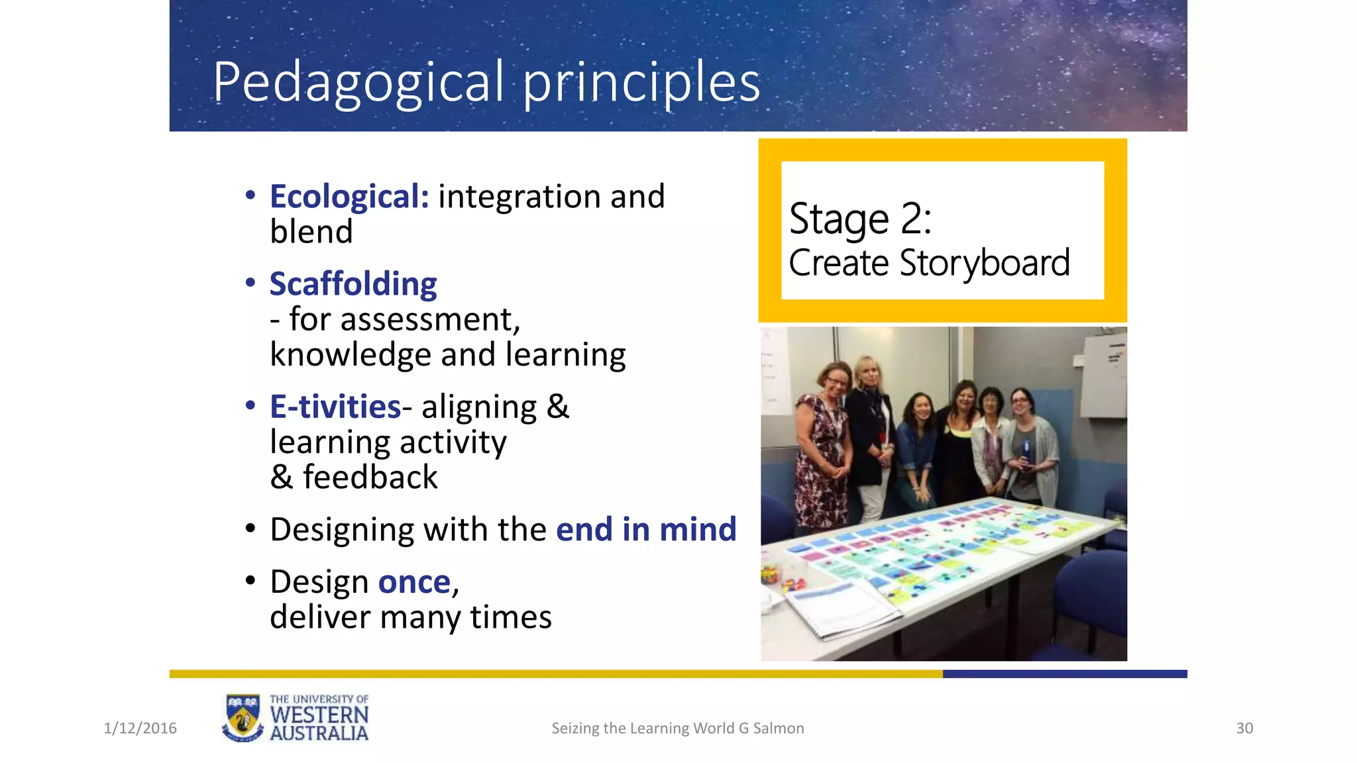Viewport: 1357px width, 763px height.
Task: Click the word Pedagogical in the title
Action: pos(358,83)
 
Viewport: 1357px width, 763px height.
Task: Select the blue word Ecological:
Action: pos(349,197)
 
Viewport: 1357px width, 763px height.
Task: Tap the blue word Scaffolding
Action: pos(353,284)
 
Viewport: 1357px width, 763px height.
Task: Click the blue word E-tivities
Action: pos(335,407)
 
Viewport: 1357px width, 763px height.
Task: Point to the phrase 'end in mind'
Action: pos(646,529)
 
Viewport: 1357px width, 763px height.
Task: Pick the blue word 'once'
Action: pos(414,582)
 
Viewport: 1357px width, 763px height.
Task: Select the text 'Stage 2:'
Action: pos(860,219)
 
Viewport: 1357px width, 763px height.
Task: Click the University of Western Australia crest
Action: pos(243,718)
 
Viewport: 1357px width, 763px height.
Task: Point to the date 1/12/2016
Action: pos(140,729)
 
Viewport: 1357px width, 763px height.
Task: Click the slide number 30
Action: pos(1244,729)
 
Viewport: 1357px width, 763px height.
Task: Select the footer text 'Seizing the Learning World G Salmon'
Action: pos(678,729)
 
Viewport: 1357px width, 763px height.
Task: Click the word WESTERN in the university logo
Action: pos(319,715)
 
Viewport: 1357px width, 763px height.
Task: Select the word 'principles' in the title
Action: pos(641,83)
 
